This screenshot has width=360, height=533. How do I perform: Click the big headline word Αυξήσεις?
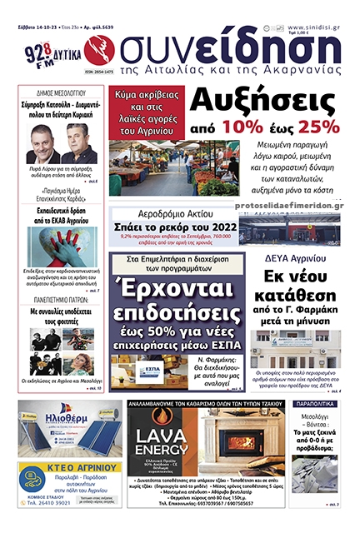tap(264, 101)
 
